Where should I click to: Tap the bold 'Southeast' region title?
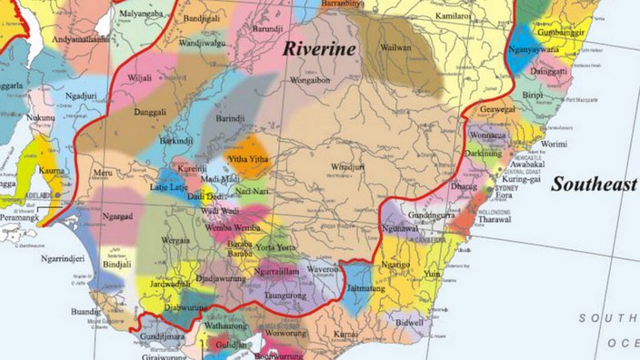pyautogui.click(x=594, y=184)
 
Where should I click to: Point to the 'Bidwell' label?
pyautogui.click(x=410, y=322)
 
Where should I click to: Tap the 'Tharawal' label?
pyautogui.click(x=495, y=218)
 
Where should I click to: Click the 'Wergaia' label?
pyautogui.click(x=176, y=240)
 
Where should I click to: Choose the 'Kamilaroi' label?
pyautogui.click(x=453, y=16)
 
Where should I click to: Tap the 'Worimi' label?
pyautogui.click(x=553, y=144)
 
